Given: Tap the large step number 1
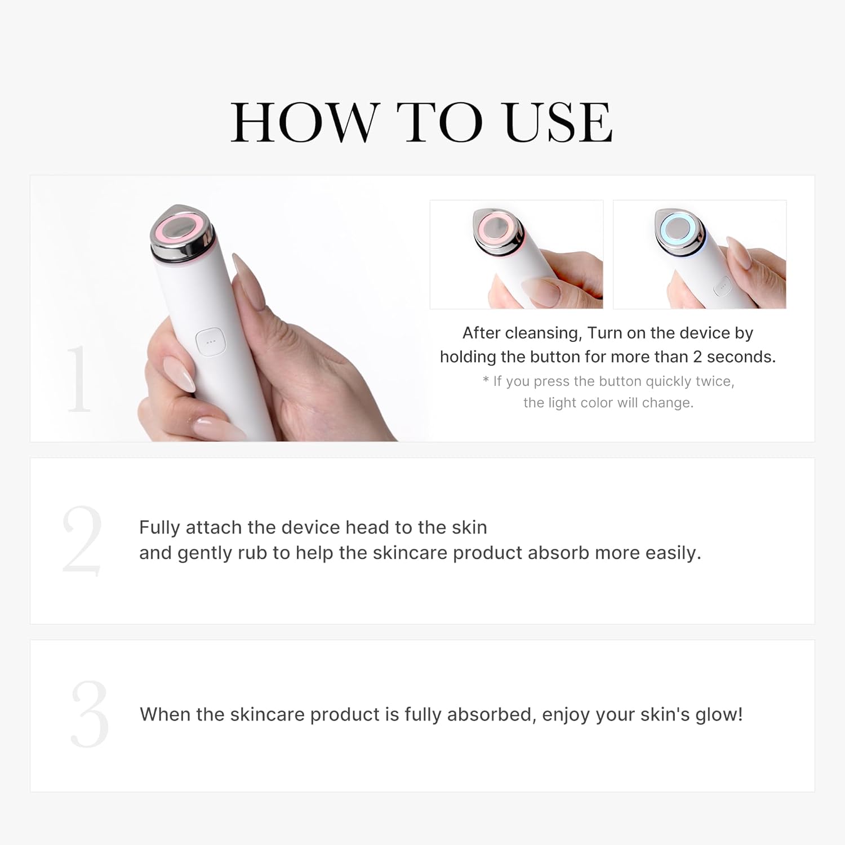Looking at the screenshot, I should pyautogui.click(x=78, y=379).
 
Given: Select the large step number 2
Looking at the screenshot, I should pyautogui.click(x=82, y=540).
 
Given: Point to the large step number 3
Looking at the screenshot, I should pyautogui.click(x=89, y=714).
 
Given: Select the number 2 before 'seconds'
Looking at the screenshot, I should pyautogui.click(x=697, y=357).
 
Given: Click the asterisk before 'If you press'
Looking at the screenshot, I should pyautogui.click(x=486, y=381).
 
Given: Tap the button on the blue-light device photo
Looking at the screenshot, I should pyautogui.click(x=722, y=287).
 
